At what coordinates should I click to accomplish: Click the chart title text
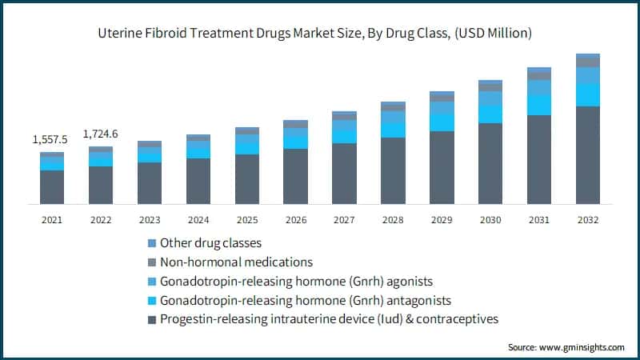320,33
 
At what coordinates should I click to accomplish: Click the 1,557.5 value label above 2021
50,140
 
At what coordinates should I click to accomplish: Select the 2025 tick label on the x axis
247,218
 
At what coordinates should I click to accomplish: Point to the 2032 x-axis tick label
588,218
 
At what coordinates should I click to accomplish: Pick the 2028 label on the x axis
393,218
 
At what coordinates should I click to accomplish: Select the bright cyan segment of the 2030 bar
490,114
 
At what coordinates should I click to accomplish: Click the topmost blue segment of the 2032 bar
588,56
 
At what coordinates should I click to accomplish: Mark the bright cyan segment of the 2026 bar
295,141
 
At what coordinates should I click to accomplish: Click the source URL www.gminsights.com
583,347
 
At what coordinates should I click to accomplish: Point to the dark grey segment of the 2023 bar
150,182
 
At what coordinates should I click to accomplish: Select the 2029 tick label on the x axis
442,218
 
